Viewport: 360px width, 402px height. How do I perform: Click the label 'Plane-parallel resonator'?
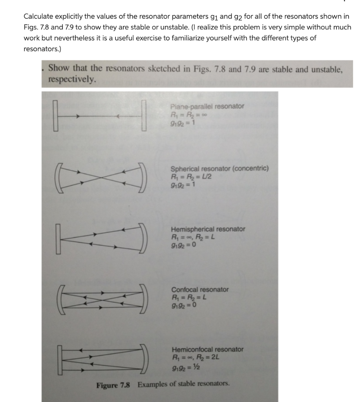[207, 106]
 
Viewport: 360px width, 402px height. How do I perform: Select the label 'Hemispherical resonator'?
[208, 229]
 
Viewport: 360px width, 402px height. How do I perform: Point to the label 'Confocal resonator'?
[200, 289]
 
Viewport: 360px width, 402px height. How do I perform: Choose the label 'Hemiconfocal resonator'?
[207, 349]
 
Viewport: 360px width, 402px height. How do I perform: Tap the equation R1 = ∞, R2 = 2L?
[195, 357]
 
